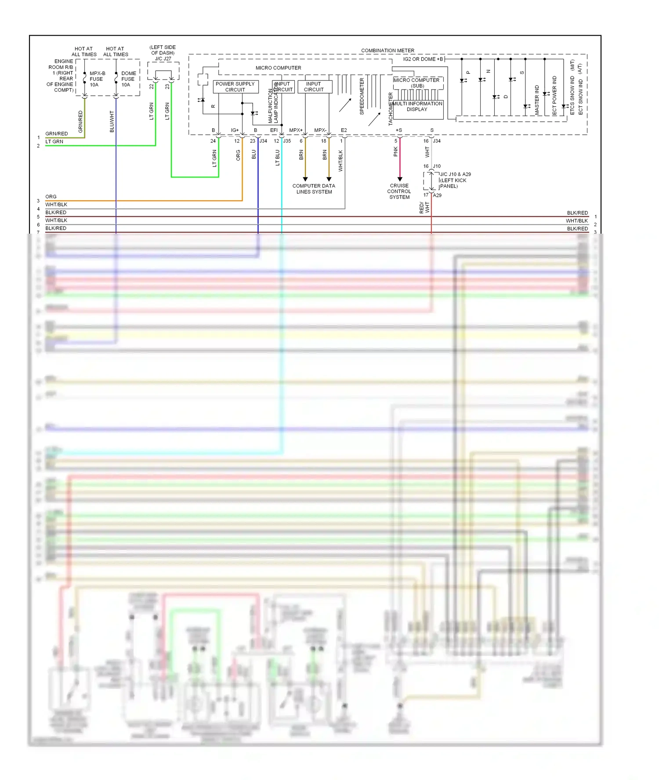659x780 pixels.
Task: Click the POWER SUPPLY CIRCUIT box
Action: pyautogui.click(x=235, y=87)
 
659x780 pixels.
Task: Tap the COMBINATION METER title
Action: pyautogui.click(x=387, y=51)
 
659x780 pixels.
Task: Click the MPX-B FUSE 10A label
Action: pyautogui.click(x=97, y=79)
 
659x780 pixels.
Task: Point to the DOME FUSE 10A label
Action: pyautogui.click(x=128, y=79)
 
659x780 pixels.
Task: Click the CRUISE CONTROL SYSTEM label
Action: pyautogui.click(x=399, y=191)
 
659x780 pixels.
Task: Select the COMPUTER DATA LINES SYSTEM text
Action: pyautogui.click(x=314, y=189)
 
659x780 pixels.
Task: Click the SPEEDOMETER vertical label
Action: pyautogui.click(x=362, y=97)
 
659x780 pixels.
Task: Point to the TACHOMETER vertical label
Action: pyautogui.click(x=391, y=109)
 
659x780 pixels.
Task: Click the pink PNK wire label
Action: pyautogui.click(x=395, y=152)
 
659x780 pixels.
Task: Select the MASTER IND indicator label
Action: pyautogui.click(x=537, y=100)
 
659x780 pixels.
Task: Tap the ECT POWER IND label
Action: pyautogui.click(x=554, y=96)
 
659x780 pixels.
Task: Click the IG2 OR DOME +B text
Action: pyautogui.click(x=423, y=59)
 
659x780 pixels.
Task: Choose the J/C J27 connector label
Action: pyautogui.click(x=163, y=58)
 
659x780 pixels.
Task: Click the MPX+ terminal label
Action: pyautogui.click(x=296, y=130)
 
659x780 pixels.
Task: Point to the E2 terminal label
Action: pyautogui.click(x=344, y=130)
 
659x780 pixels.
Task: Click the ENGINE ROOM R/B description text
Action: pyautogui.click(x=61, y=76)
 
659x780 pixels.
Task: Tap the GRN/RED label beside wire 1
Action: pyautogui.click(x=57, y=134)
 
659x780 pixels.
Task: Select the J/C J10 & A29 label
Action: pyautogui.click(x=455, y=174)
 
